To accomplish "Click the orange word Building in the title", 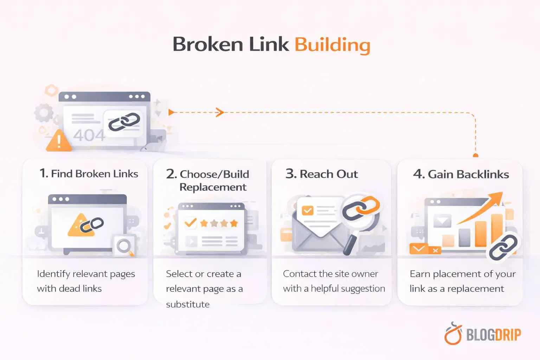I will [x=332, y=45].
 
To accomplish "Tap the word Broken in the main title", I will [x=208, y=44].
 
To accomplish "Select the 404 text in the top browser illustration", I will [x=89, y=135].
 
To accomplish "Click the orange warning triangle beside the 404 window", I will [x=59, y=141].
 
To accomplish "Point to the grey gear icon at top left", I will [x=44, y=113].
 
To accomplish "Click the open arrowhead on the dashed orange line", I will [x=220, y=112].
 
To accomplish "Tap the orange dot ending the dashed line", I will [x=476, y=155].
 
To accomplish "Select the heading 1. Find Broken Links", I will [x=89, y=174].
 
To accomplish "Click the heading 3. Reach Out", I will [x=321, y=174].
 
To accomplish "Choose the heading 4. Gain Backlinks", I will [x=461, y=174].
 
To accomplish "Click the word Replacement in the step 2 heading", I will [x=213, y=187].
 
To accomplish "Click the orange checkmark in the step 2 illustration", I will [x=190, y=223].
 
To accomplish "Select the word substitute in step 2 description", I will [x=188, y=304].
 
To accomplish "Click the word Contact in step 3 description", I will [x=299, y=274].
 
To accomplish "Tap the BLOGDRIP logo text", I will [x=493, y=335].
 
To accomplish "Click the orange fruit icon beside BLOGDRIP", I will [x=453, y=334].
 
